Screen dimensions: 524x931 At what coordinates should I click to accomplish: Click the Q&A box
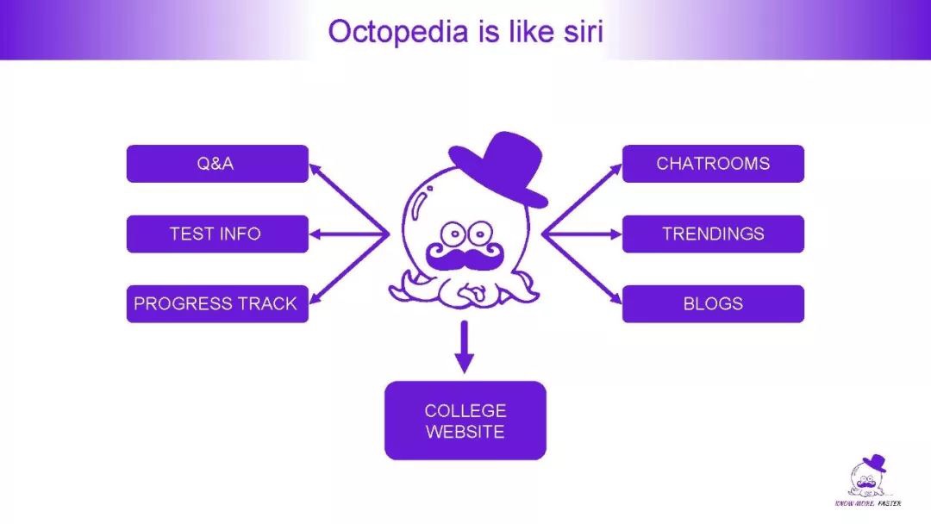pos(217,164)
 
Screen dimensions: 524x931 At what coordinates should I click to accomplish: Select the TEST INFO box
pos(217,234)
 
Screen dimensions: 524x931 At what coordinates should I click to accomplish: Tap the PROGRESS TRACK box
pos(217,303)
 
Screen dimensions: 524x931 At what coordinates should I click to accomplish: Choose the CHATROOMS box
pos(713,164)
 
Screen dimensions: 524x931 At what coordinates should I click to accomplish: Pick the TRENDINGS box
pos(713,234)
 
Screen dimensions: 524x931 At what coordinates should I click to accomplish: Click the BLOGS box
pos(713,303)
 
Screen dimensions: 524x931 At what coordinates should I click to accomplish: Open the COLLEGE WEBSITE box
pos(465,421)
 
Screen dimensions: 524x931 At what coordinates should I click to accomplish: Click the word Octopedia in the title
pos(396,32)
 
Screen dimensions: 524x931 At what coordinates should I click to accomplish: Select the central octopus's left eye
pos(450,233)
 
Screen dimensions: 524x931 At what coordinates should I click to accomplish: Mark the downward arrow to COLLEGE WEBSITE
pos(465,349)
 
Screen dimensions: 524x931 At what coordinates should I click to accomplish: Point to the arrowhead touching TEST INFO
pos(316,234)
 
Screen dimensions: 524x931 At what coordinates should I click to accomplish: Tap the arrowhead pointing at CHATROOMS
pos(615,169)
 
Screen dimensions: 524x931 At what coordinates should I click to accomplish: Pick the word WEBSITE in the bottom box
pos(465,432)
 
